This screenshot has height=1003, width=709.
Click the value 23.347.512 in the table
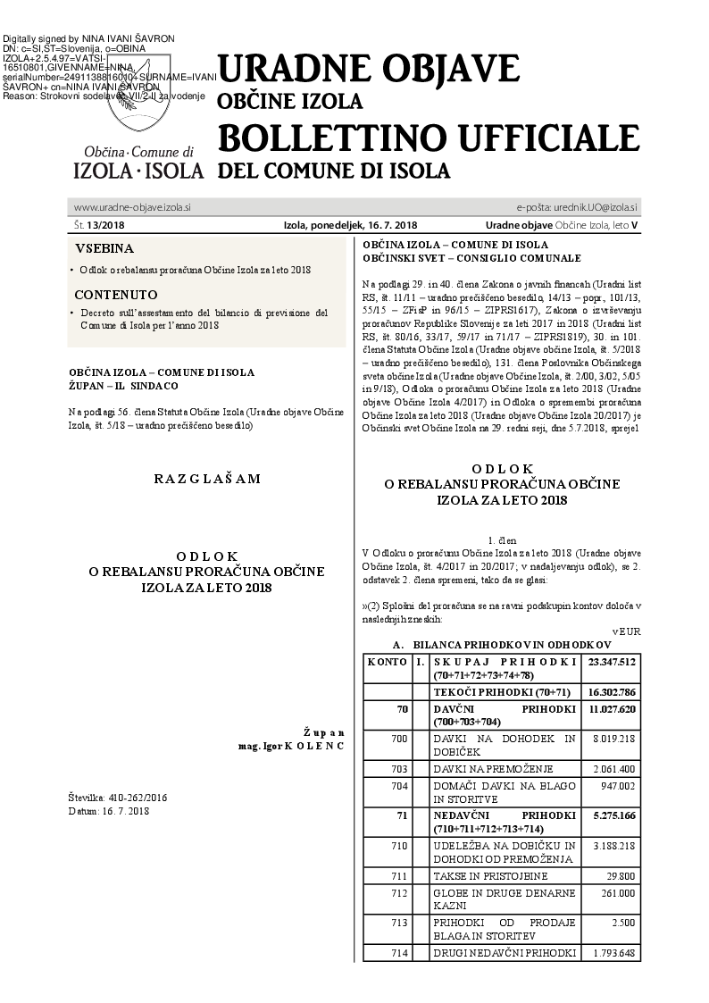pos(611,662)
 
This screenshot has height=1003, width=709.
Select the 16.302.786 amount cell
pos(611,691)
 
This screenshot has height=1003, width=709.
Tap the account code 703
pos(399,768)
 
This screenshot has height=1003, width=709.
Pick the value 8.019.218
pos(613,739)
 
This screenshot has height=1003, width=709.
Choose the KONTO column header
pos(388,662)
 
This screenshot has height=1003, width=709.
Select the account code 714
pos(399,953)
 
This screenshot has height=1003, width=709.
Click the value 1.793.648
pos(613,953)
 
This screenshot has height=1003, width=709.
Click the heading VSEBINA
pos(104,248)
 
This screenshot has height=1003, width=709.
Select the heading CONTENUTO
pos(116,295)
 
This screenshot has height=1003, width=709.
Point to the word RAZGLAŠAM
pos(207,479)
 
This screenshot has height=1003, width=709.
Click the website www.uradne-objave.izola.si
pos(132,207)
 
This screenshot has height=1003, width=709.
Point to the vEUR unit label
pos(629,631)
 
